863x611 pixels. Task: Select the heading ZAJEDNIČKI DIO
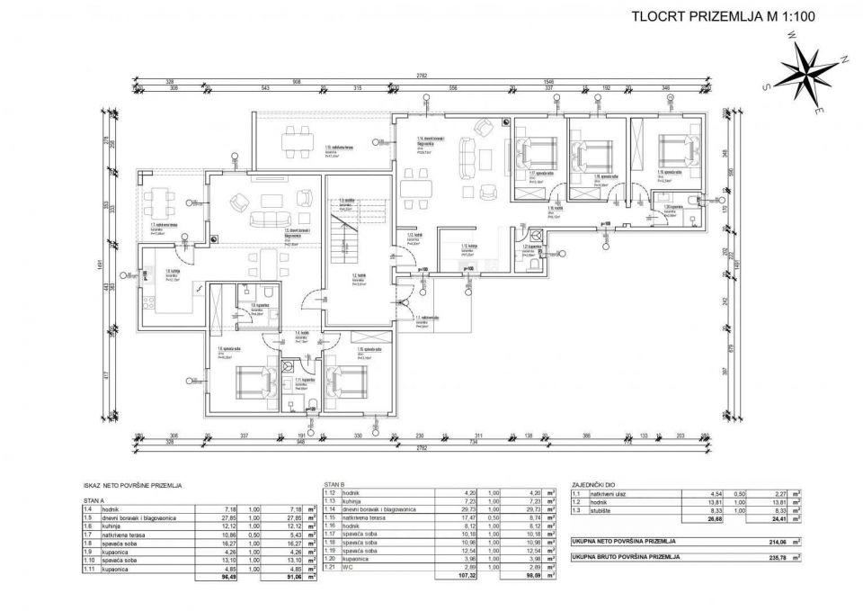tap(592, 483)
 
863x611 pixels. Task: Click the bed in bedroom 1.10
tap(350, 384)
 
